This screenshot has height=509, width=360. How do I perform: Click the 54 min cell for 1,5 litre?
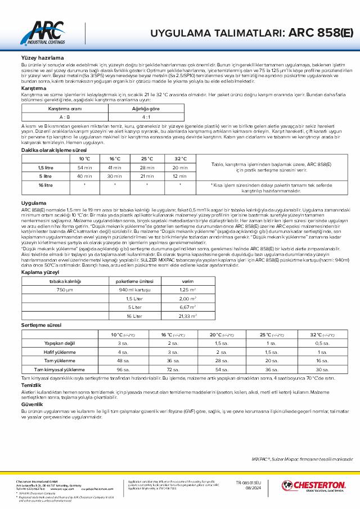click(x=84, y=168)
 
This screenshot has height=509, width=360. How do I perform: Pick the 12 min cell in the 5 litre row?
click(x=180, y=176)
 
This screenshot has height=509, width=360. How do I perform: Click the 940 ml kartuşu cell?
click(x=133, y=289)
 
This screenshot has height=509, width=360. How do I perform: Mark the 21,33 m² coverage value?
click(x=187, y=316)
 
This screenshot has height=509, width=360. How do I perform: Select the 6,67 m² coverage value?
click(x=187, y=307)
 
